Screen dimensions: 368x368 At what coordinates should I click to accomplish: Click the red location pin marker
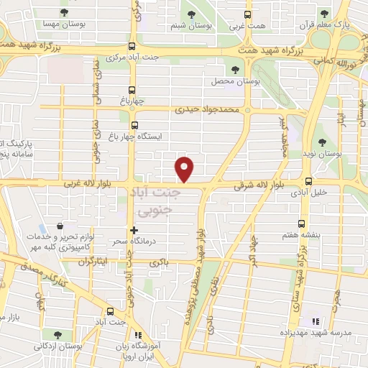pyautogui.click(x=185, y=168)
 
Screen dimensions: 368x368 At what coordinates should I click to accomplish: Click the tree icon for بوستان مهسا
pyautogui.click(x=65, y=12)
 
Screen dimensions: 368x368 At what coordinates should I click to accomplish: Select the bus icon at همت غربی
pyautogui.click(x=247, y=14)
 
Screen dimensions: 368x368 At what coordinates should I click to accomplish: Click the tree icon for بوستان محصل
pyautogui.click(x=236, y=69)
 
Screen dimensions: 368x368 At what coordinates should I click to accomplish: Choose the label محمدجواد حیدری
pyautogui.click(x=214, y=111)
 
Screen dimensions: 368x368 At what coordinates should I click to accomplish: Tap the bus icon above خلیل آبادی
pyautogui.click(x=308, y=181)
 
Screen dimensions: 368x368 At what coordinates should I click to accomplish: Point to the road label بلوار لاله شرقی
pyautogui.click(x=259, y=186)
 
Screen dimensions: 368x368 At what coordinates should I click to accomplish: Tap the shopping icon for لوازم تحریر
pyautogui.click(x=68, y=227)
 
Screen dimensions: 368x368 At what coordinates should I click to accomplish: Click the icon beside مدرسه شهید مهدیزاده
pyautogui.click(x=313, y=321)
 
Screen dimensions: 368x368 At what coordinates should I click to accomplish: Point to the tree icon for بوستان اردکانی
pyautogui.click(x=56, y=335)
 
